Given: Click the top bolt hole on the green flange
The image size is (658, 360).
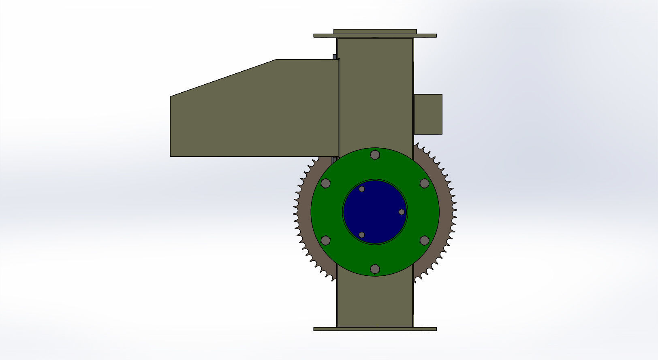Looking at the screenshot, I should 375,155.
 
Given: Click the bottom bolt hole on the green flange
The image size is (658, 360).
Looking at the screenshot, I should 375,269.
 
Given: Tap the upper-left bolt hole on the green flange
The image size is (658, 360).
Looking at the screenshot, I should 325,183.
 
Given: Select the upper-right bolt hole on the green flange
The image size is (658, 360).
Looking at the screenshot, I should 424,183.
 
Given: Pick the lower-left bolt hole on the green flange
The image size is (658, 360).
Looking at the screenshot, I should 325,241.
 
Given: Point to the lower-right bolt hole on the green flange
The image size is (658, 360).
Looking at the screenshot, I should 424,241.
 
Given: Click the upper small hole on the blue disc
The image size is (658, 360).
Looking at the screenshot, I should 361,189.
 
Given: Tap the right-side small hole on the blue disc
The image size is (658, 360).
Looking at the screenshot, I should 402,212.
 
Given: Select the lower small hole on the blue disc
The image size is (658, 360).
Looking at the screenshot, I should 361,235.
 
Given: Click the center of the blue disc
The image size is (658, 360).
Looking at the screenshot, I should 375,212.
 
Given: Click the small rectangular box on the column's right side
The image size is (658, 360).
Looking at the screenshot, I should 428,114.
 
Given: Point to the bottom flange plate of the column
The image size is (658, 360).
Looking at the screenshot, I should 375,329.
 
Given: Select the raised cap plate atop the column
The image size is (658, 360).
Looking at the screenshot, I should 375,31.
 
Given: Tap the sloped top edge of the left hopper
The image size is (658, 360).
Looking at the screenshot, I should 223,78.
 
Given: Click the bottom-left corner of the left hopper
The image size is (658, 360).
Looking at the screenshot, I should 171,156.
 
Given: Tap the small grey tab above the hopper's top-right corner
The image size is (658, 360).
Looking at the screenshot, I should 334,57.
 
